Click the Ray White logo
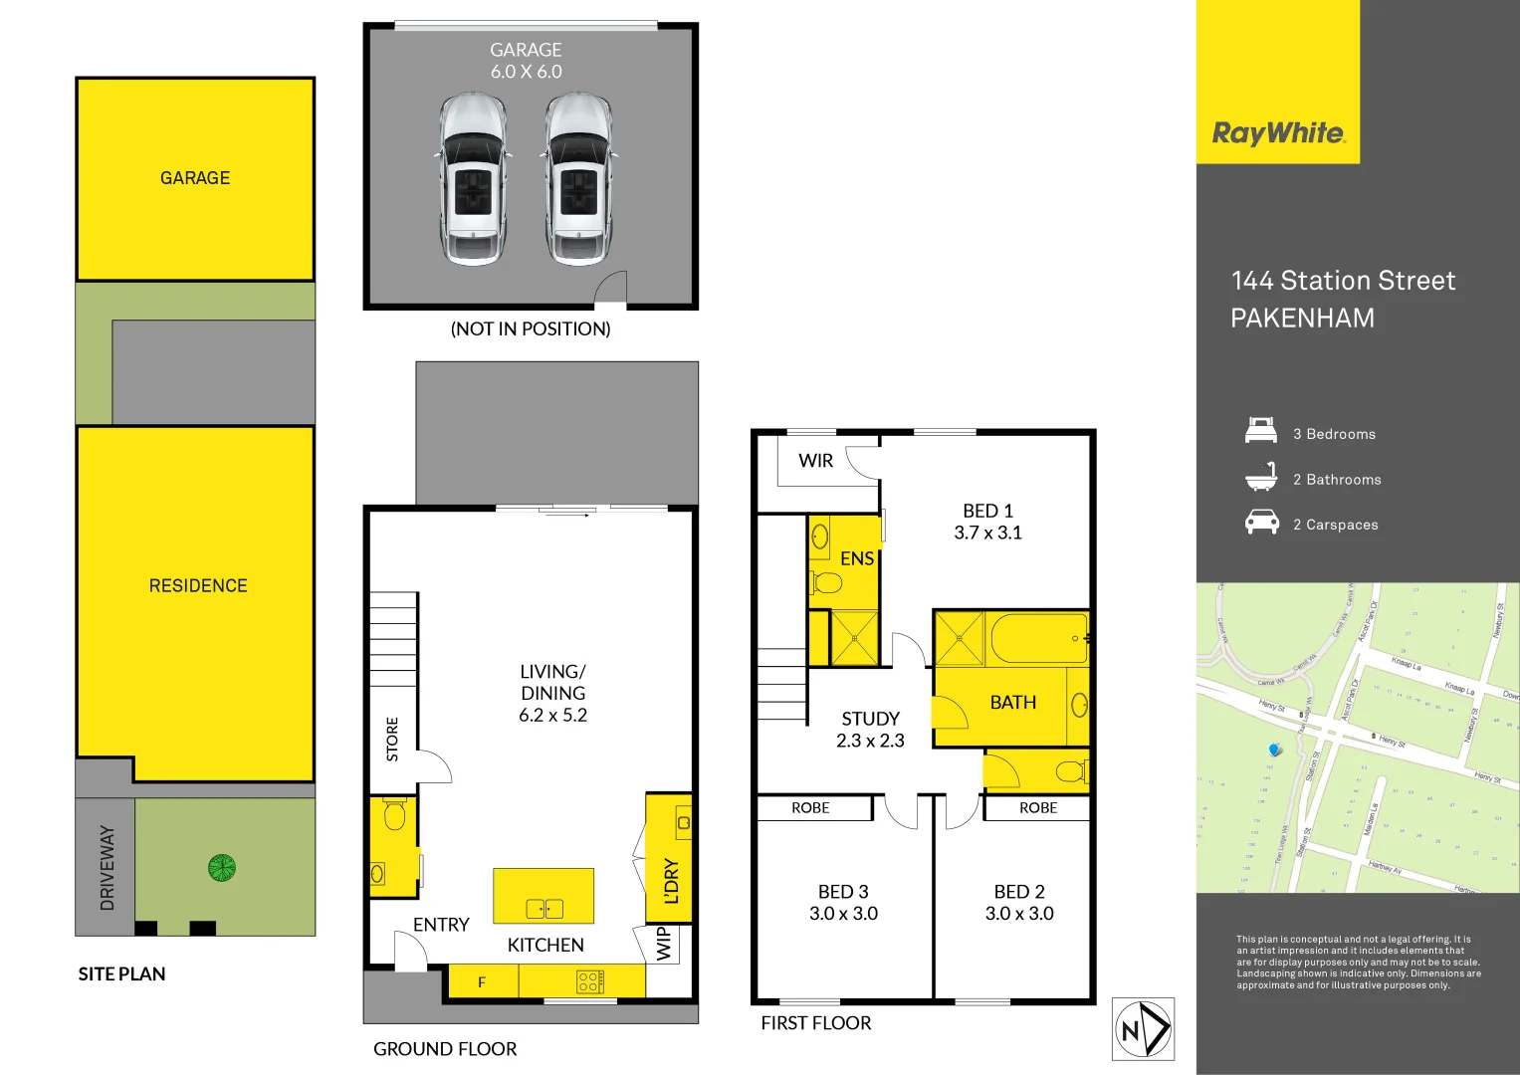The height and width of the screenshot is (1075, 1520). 1278,133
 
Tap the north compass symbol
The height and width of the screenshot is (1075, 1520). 1143,1029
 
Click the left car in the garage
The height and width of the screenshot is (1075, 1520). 473,179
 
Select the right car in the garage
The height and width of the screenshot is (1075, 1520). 579,179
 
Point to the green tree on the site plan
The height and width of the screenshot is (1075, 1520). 222,868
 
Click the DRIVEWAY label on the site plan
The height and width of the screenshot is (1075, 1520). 107,868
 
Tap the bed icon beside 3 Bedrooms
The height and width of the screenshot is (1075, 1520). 1261,432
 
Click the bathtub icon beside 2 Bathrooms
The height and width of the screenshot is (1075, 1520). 1261,478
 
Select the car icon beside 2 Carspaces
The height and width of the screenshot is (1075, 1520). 1261,523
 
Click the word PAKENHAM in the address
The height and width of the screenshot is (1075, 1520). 1302,319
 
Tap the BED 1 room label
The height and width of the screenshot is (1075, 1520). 987,511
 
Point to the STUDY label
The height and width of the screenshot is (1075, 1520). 870,719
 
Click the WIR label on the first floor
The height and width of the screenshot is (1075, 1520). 815,461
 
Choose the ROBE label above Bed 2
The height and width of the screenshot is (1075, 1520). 1038,808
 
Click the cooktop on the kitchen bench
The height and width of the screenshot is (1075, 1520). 589,982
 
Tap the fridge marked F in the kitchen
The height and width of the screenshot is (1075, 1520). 482,982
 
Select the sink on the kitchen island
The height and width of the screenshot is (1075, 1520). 544,908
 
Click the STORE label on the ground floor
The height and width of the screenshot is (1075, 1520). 392,739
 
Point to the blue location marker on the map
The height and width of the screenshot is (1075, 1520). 1274,750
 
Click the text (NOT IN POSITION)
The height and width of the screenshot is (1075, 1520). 531,328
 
